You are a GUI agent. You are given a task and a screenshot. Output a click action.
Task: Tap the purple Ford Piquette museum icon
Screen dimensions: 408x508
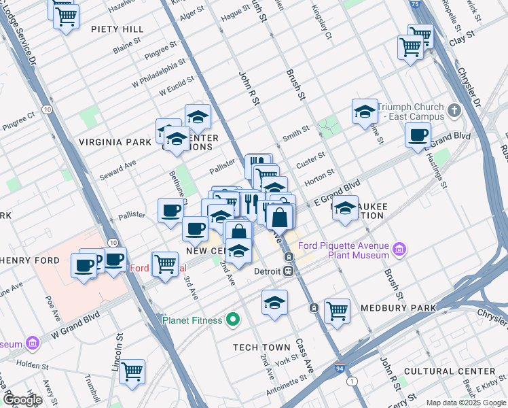point(400,250)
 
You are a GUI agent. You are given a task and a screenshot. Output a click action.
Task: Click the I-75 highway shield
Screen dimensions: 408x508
point(415,4)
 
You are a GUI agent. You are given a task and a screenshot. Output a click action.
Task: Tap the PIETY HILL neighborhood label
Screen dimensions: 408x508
point(117,29)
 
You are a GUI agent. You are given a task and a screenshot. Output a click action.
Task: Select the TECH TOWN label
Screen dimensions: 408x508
point(261,347)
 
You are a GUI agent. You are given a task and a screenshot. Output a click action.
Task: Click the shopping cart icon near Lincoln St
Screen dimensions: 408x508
point(132,371)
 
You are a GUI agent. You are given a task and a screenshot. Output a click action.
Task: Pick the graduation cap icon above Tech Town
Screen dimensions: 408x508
point(274,302)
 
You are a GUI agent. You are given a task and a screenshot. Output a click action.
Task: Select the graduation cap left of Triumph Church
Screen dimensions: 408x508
point(365,110)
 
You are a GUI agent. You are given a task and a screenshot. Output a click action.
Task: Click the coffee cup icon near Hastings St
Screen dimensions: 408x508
point(418,133)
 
